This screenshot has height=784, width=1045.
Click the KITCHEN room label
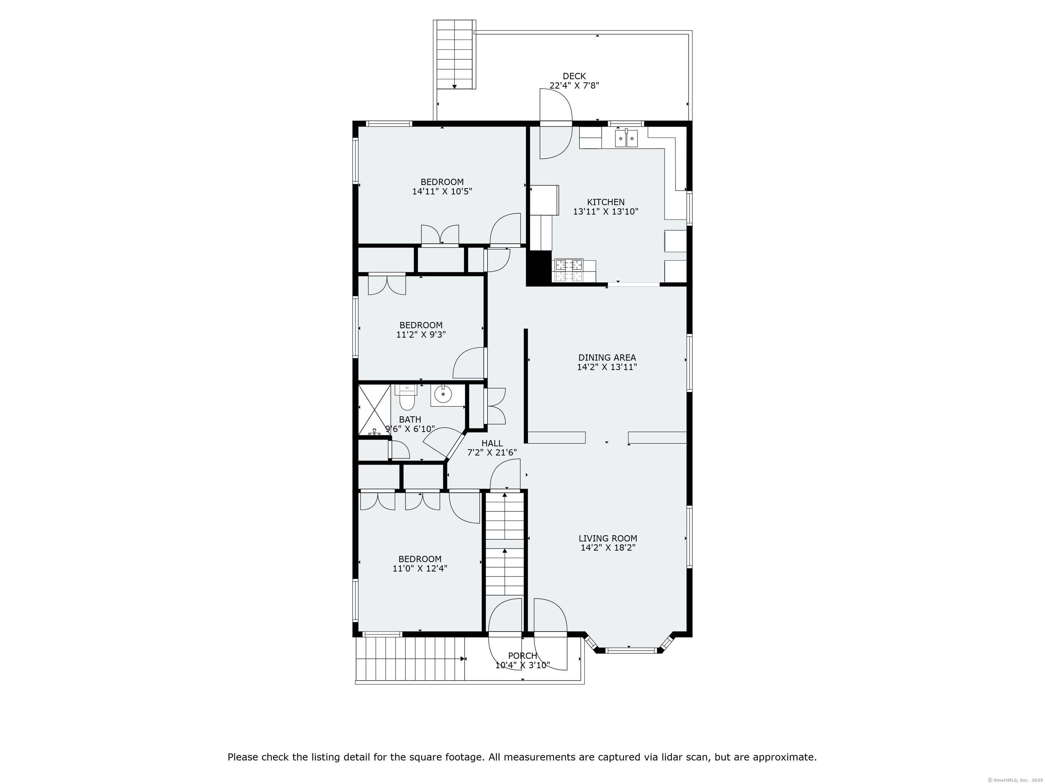click(x=606, y=202)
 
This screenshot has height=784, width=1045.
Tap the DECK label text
click(x=574, y=76)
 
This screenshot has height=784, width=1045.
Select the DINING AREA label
click(x=607, y=358)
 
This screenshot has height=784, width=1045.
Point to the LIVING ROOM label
click(x=608, y=538)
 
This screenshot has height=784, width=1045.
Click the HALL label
click(x=492, y=443)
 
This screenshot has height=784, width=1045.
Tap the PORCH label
click(x=522, y=656)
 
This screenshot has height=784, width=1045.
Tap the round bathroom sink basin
click(x=443, y=394)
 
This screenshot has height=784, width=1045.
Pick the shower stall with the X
click(x=374, y=410)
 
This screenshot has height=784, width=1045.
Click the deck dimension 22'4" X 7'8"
click(x=574, y=85)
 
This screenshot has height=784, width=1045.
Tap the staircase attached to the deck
click(x=454, y=54)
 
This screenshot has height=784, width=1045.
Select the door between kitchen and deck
click(x=556, y=124)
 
